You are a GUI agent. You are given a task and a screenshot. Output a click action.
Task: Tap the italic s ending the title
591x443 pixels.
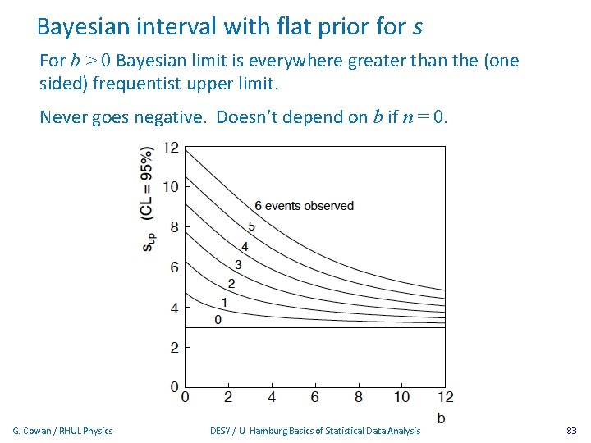[417, 28]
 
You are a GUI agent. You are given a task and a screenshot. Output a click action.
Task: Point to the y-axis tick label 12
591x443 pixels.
[171, 148]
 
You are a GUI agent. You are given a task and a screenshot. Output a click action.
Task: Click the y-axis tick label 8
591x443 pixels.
[174, 227]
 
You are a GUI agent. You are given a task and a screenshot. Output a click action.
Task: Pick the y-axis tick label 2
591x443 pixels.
[174, 348]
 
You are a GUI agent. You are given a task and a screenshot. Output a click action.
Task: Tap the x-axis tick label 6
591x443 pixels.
[315, 398]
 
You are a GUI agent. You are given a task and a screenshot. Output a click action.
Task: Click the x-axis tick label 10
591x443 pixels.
[401, 398]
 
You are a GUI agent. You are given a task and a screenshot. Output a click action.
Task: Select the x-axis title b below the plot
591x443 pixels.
[442, 418]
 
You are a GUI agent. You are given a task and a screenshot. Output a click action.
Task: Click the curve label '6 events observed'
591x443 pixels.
[304, 206]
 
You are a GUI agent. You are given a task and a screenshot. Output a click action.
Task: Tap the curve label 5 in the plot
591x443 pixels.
[251, 226]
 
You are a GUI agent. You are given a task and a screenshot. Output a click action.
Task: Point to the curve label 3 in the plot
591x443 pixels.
[238, 264]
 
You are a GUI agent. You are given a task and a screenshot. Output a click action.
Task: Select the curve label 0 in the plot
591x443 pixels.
[218, 320]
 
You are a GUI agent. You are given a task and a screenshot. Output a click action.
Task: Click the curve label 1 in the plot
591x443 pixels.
[223, 302]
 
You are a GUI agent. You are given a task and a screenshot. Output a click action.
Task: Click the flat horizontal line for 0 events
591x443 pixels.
[328, 327]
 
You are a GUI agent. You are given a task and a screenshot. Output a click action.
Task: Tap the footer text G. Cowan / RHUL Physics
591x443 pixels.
[63, 431]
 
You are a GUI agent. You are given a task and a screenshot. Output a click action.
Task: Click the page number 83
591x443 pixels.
[571, 431]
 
